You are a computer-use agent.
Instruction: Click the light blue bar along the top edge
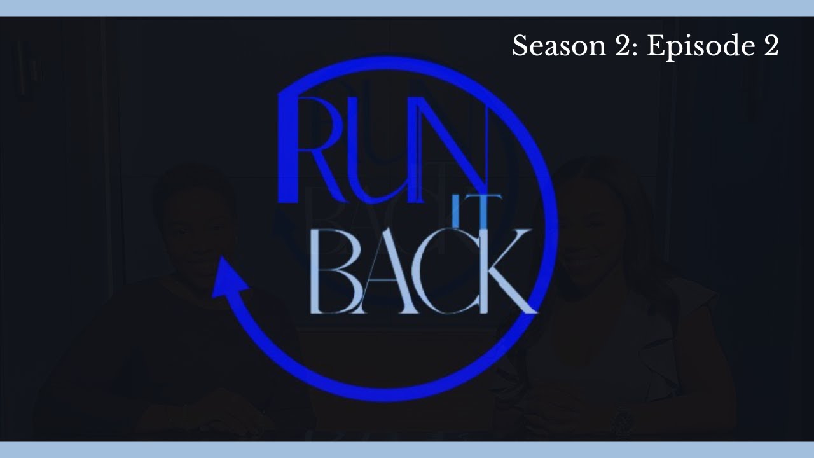coord(407,8)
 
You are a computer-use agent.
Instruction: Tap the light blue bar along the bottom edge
coord(407,450)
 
